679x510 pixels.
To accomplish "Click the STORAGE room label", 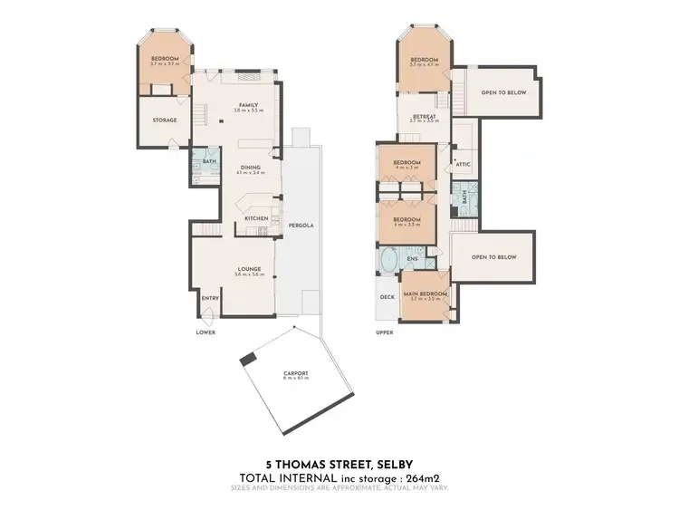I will tap(164, 120).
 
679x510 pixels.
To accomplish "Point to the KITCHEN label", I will tap(255, 218).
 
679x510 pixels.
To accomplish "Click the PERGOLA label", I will tap(301, 224).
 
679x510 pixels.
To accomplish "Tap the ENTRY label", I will tap(210, 298).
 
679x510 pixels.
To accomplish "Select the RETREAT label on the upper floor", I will tap(425, 116).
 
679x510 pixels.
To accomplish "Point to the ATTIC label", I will tap(463, 164).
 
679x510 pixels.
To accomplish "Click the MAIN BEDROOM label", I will tap(425, 293).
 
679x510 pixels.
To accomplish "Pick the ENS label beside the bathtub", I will tap(412, 259).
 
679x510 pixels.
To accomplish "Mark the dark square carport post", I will tap(247, 360).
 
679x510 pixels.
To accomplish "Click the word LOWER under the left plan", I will tap(206, 332).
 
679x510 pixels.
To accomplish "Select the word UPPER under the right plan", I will tap(385, 332).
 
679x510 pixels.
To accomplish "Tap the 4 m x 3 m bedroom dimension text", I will tap(405, 168).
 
